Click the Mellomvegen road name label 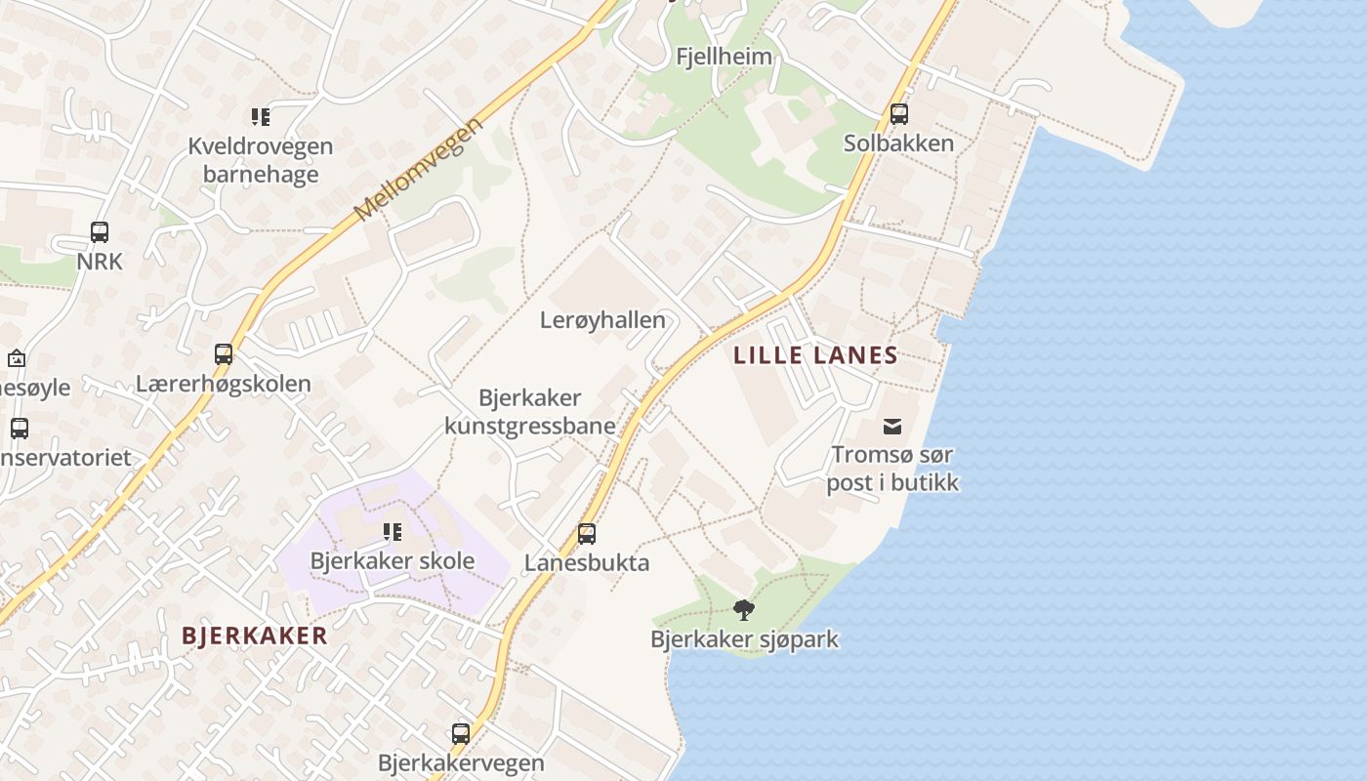click(x=419, y=170)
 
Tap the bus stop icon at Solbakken click(x=899, y=114)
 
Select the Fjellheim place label click(x=724, y=57)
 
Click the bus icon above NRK click(x=100, y=232)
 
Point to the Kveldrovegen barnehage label click(x=260, y=160)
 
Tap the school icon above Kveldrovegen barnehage click(x=260, y=118)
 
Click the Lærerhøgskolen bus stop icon click(x=224, y=354)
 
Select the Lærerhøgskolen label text click(x=224, y=384)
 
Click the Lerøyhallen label click(x=602, y=320)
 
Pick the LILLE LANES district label click(x=815, y=355)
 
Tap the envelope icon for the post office click(x=892, y=426)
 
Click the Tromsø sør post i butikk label click(x=892, y=469)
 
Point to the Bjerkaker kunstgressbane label click(x=530, y=411)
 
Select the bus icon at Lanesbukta click(x=587, y=534)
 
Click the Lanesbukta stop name click(x=587, y=563)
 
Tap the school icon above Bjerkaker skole click(x=393, y=532)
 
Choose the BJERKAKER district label click(x=255, y=637)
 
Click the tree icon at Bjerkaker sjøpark click(x=744, y=611)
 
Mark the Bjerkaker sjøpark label click(x=744, y=640)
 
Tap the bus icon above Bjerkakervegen click(x=461, y=733)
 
